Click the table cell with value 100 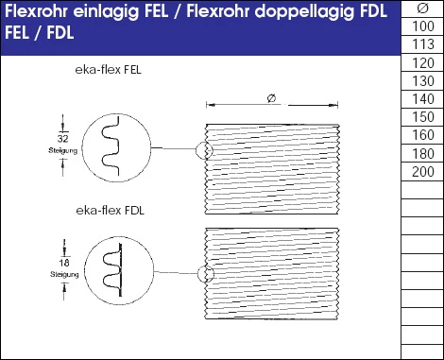423,27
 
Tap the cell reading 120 423,63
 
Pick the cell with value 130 423,81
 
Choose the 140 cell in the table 423,99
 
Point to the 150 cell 423,117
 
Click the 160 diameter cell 423,135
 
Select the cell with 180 423,153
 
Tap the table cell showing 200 423,171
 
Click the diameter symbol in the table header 423,9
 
